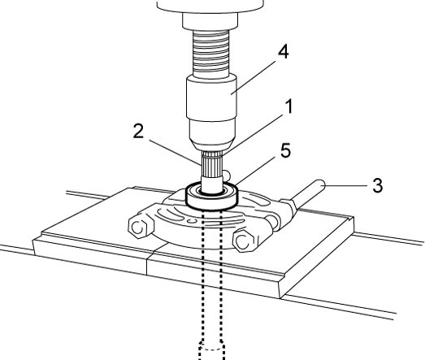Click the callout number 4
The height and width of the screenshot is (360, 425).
click(x=284, y=51)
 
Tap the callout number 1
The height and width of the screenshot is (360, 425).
click(x=289, y=106)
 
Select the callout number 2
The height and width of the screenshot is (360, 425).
click(x=138, y=132)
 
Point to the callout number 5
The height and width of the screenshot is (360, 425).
click(x=285, y=150)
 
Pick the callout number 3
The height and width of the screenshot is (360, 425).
click(x=378, y=185)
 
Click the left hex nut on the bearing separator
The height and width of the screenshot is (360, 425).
click(x=140, y=228)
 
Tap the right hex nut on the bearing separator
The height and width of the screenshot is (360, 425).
click(x=245, y=241)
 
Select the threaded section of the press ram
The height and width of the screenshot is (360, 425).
click(x=210, y=54)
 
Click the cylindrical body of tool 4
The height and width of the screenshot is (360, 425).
click(x=211, y=98)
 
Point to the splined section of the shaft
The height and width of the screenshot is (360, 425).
click(x=212, y=163)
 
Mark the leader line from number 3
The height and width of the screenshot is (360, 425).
click(x=346, y=186)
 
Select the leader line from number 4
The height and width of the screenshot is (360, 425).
click(x=254, y=77)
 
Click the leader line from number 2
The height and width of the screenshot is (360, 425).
click(x=176, y=153)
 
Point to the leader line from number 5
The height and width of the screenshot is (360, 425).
click(x=255, y=171)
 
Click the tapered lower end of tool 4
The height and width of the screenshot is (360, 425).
click(x=212, y=134)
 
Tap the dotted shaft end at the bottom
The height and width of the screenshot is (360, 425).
click(x=212, y=349)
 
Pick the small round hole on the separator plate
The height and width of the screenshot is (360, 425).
click(x=192, y=222)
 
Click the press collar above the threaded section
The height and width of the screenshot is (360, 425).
click(x=210, y=20)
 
